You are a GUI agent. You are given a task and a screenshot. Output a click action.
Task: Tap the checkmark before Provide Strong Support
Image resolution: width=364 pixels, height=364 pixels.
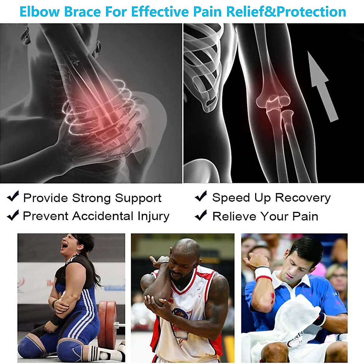(13, 197)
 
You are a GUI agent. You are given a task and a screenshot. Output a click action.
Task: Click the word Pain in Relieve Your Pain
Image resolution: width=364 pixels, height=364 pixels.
(305, 216)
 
